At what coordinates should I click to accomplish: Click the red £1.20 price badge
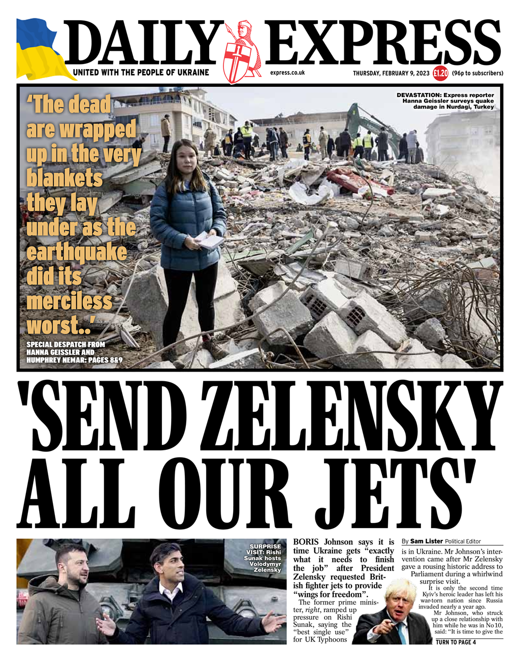(440, 73)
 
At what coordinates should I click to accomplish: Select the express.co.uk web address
(287, 73)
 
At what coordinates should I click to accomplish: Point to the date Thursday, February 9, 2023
(391, 73)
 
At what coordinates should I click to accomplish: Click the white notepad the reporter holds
(209, 239)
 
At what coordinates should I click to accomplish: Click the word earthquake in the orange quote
(77, 252)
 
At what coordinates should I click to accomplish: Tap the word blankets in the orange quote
(64, 179)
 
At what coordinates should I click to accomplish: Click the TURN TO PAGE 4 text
(456, 642)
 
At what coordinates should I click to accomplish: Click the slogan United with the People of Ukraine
(141, 73)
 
